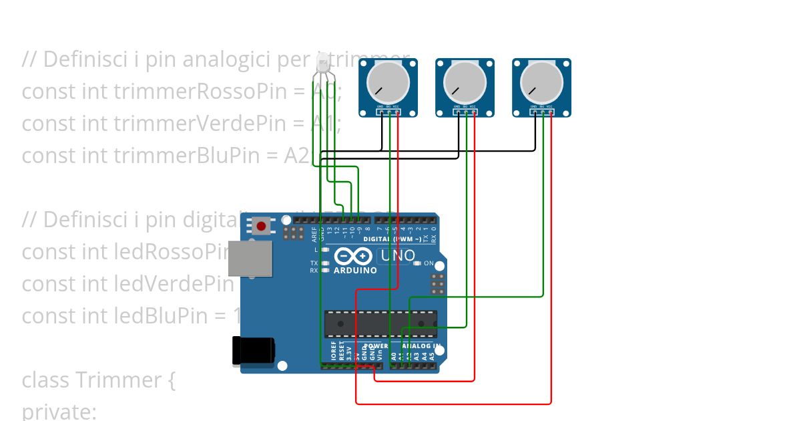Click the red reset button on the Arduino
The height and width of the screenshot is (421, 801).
coord(261,227)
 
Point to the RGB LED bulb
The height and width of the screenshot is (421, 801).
coord(322,63)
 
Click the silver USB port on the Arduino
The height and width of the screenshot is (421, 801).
coord(250,258)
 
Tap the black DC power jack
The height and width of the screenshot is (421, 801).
coord(253,351)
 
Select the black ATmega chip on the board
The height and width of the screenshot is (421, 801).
coord(380,323)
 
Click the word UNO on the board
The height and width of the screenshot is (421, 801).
coord(398,256)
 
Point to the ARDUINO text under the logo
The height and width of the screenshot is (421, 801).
coord(355,271)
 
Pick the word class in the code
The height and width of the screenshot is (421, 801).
coord(45,380)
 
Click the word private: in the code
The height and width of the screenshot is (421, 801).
coord(59,411)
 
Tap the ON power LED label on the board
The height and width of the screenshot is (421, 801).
coord(429,263)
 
